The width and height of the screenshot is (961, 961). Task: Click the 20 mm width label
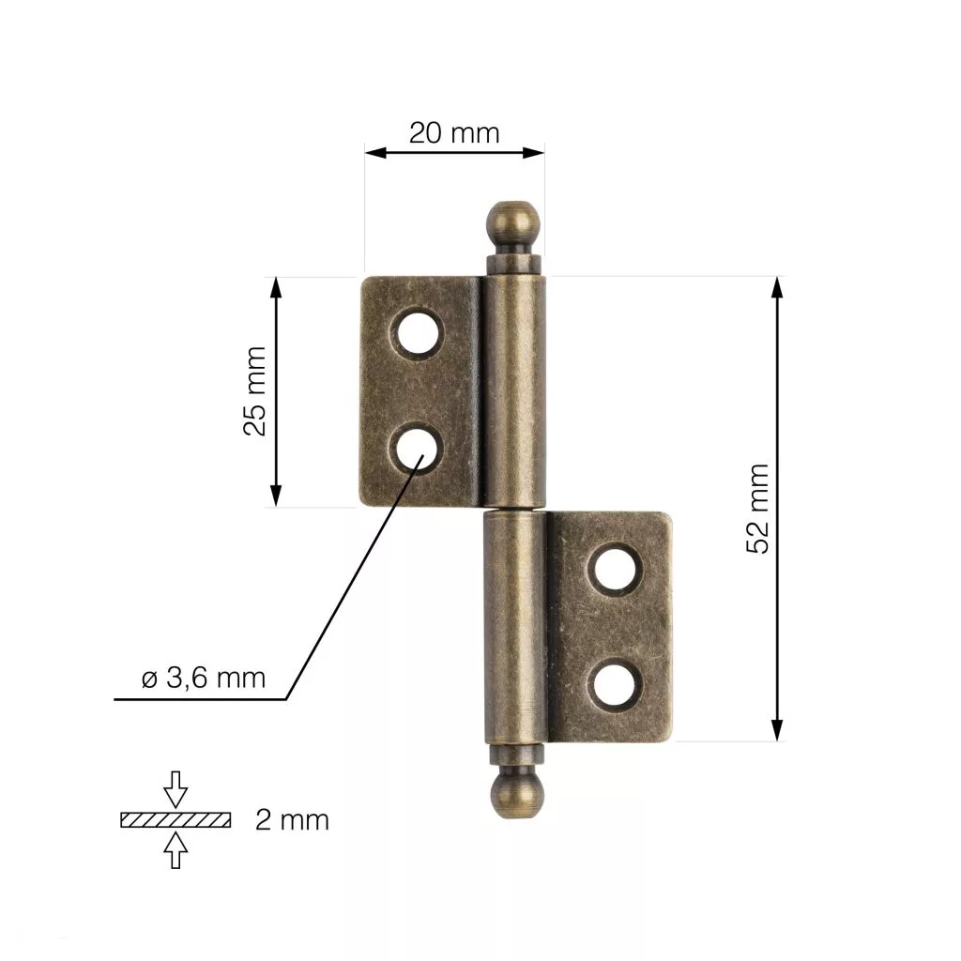[x=454, y=133]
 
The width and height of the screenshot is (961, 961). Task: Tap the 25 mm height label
[x=255, y=391]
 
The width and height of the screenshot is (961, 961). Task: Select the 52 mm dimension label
[x=757, y=509]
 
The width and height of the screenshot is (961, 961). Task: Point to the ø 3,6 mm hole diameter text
[x=204, y=679]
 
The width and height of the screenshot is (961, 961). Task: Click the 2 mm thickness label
[x=292, y=820]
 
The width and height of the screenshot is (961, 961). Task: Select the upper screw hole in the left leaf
[x=418, y=334]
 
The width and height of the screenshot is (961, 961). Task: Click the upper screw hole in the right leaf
[x=616, y=570]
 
